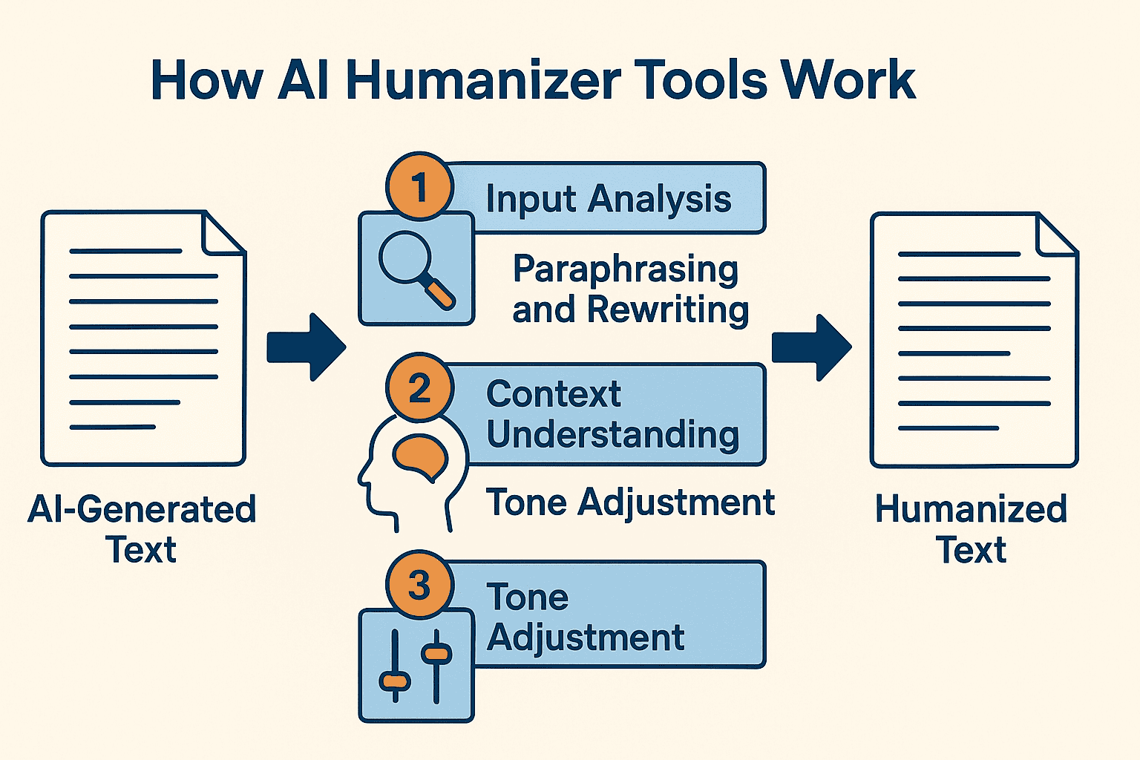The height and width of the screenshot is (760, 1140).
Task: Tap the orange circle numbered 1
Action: (x=419, y=187)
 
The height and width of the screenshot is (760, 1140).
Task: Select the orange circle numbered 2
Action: (x=419, y=388)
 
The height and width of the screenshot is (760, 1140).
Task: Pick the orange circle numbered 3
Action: (x=419, y=585)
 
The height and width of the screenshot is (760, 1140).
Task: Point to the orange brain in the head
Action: (x=420, y=456)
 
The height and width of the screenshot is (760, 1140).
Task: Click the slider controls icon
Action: (x=416, y=666)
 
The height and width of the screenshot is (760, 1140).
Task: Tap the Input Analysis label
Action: (x=608, y=199)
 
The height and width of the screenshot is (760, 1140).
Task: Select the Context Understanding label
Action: (x=612, y=414)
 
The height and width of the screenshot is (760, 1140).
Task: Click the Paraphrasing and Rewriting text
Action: (x=629, y=289)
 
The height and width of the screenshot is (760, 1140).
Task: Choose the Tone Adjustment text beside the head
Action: (x=630, y=502)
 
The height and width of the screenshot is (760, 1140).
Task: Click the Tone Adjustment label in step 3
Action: (x=585, y=617)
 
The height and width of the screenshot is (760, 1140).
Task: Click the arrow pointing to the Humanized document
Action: (x=811, y=347)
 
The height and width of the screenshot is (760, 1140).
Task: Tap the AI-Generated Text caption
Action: (x=142, y=529)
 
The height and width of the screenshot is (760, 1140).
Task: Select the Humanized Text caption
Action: (x=971, y=529)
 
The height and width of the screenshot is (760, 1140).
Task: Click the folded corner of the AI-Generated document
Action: (x=223, y=232)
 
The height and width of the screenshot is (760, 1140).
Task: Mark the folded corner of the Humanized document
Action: (x=1056, y=235)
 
